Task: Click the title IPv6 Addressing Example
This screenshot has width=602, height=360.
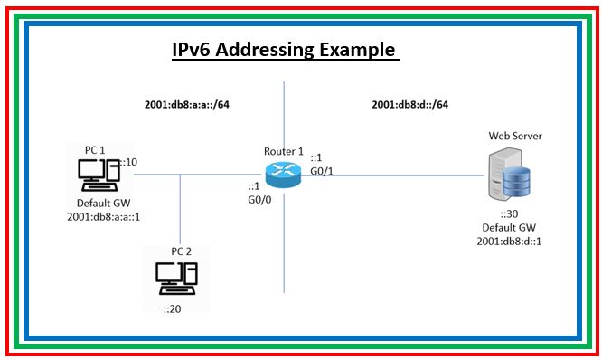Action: (285, 49)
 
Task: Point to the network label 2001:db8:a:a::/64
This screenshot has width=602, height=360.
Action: (187, 104)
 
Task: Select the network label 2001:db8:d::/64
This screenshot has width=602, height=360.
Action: (409, 104)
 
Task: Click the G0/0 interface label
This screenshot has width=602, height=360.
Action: (259, 199)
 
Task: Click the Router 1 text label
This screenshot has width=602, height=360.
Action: (283, 150)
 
